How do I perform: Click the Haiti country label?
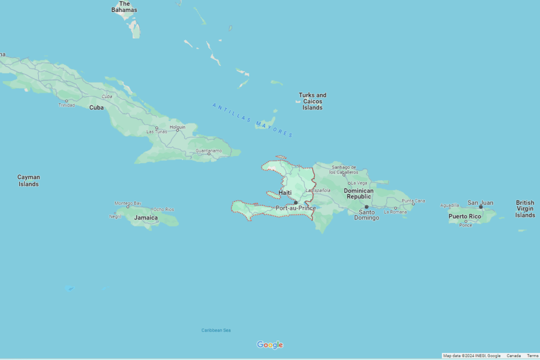pyautogui.click(x=285, y=192)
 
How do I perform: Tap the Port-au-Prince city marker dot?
pyautogui.click(x=295, y=202)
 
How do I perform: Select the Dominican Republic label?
pyautogui.click(x=358, y=193)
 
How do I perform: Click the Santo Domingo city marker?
pyautogui.click(x=366, y=206)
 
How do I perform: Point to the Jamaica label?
pyautogui.click(x=145, y=217)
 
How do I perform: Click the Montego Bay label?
pyautogui.click(x=127, y=203)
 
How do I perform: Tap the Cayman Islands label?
pyautogui.click(x=28, y=180)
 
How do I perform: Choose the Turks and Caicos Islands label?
pyautogui.click(x=312, y=101)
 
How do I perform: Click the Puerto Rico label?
pyautogui.click(x=464, y=216)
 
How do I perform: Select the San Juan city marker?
pyautogui.click(x=480, y=206)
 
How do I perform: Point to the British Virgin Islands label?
pyautogui.click(x=525, y=209)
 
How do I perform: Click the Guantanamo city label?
pyautogui.click(x=208, y=150)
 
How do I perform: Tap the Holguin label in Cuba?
pyautogui.click(x=177, y=127)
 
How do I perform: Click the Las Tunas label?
pyautogui.click(x=156, y=131)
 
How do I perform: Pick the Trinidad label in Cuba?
pyautogui.click(x=66, y=105)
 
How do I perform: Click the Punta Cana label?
pyautogui.click(x=413, y=200)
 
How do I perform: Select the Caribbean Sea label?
pyautogui.click(x=216, y=330)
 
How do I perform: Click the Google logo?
pyautogui.click(x=270, y=344)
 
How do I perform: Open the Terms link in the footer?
pyautogui.click(x=532, y=355)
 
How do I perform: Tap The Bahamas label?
pyautogui.click(x=124, y=6)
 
